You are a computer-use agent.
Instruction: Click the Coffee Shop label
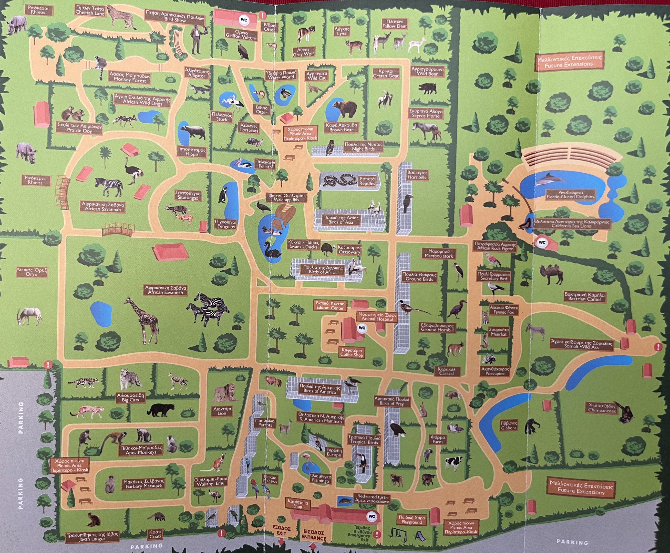pos(352,352)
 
